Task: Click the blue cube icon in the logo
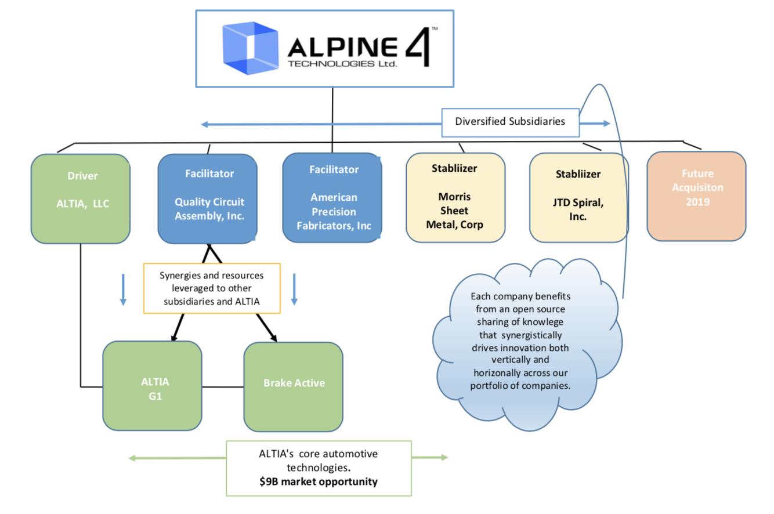(x=249, y=48)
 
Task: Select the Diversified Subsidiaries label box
(x=510, y=122)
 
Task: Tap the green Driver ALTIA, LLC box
(x=81, y=198)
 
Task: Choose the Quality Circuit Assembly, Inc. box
(x=208, y=198)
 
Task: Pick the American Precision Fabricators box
(x=332, y=198)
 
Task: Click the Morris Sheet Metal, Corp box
(x=455, y=198)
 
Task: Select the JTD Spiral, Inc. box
(x=578, y=198)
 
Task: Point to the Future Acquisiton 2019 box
(x=696, y=196)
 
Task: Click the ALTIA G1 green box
(x=153, y=386)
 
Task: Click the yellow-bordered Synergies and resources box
(x=212, y=288)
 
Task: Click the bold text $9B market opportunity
(x=319, y=482)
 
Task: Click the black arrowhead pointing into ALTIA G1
(x=173, y=338)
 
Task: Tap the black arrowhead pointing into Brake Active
(x=273, y=338)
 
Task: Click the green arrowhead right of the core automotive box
(x=444, y=457)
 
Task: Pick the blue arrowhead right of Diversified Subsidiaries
(x=606, y=123)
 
